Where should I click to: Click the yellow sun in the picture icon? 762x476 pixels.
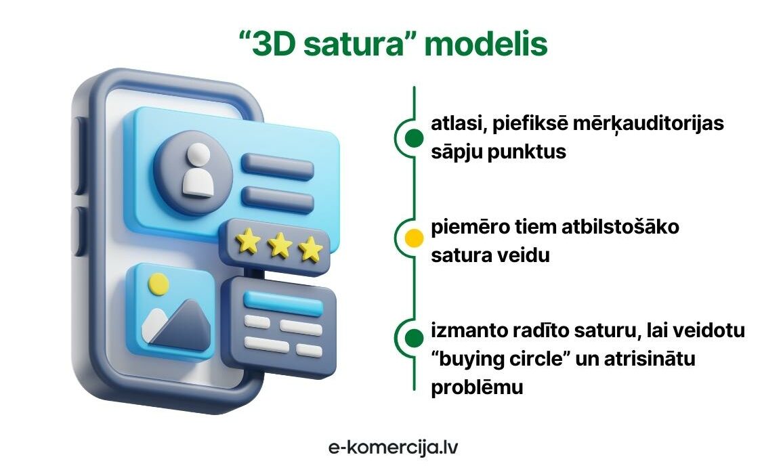(x=158, y=284)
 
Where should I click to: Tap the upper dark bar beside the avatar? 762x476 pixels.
(x=277, y=167)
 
